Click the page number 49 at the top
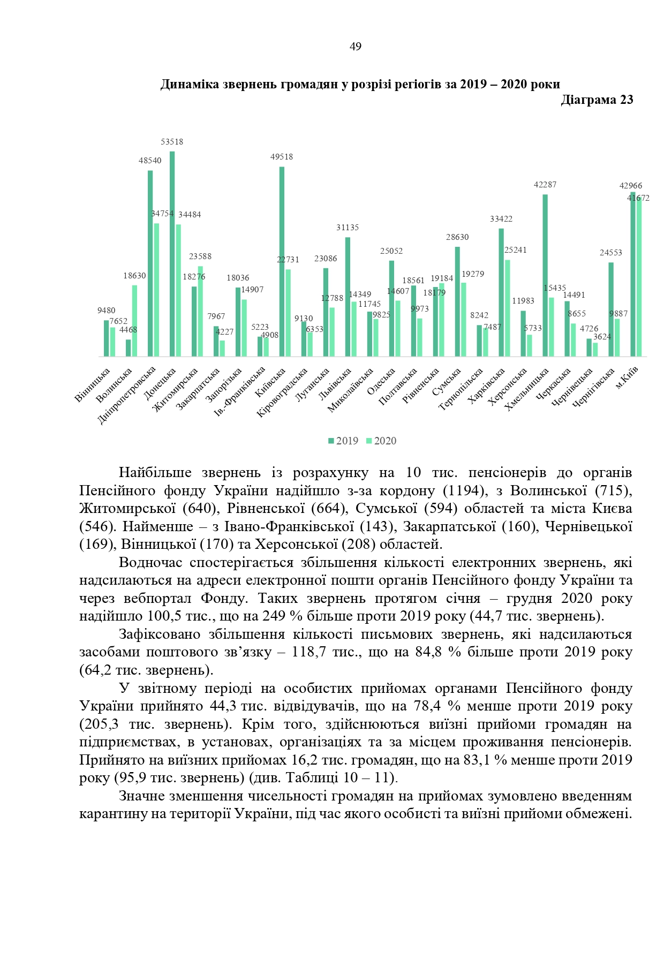(x=355, y=47)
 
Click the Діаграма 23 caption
(x=597, y=100)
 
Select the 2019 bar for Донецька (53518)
(x=172, y=254)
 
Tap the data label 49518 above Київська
(x=282, y=157)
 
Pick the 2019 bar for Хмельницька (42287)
(x=545, y=275)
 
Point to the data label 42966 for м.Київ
(x=631, y=186)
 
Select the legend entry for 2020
(x=381, y=441)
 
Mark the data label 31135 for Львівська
(x=348, y=228)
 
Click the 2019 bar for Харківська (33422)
(x=501, y=292)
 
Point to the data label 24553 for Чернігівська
(x=611, y=253)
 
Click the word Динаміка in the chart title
(x=190, y=84)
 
